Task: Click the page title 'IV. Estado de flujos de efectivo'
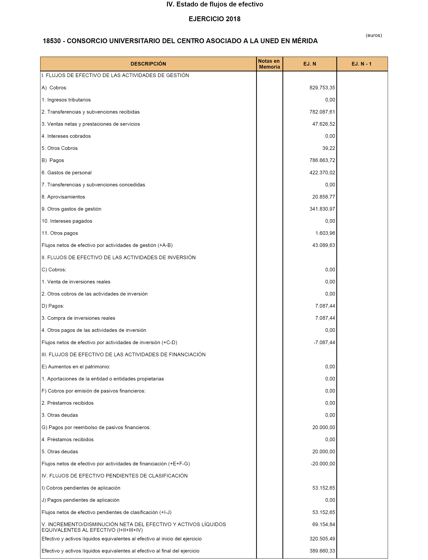click(x=215, y=4)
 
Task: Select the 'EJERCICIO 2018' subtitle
click(x=215, y=19)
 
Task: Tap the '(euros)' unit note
click(x=374, y=35)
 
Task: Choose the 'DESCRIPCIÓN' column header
click(x=148, y=64)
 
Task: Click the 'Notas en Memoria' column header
click(x=269, y=64)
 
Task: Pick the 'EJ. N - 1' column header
click(x=362, y=64)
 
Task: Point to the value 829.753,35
click(x=322, y=88)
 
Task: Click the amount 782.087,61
click(x=322, y=112)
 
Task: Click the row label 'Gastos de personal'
click(x=69, y=172)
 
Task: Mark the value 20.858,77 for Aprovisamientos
click(x=324, y=197)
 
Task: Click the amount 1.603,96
click(x=325, y=233)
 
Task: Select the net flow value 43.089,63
click(x=324, y=245)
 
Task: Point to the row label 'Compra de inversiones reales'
click(x=81, y=318)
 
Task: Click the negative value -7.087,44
click(x=324, y=343)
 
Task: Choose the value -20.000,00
click(x=323, y=464)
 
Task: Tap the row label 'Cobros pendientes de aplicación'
click(x=83, y=488)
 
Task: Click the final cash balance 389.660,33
click(x=322, y=551)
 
